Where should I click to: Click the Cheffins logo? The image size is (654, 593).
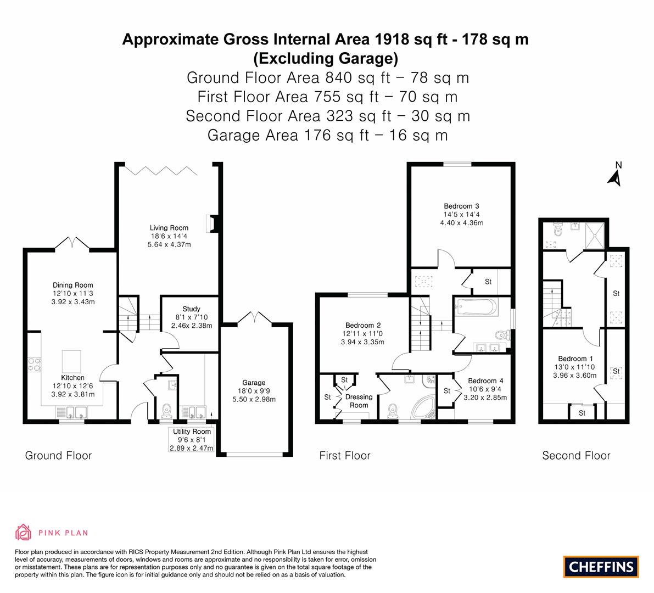click(x=601, y=567)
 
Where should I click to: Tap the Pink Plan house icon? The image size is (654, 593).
click(x=24, y=532)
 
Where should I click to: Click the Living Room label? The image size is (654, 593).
click(x=169, y=228)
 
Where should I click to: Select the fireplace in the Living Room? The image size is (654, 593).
click(x=211, y=223)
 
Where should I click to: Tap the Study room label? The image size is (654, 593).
click(x=192, y=309)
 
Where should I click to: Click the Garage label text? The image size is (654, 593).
click(x=254, y=382)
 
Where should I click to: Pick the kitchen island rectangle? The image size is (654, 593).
click(x=71, y=361)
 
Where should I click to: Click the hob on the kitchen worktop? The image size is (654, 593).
click(x=34, y=365)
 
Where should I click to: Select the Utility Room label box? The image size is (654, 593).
click(x=192, y=440)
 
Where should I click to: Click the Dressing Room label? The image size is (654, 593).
click(x=359, y=401)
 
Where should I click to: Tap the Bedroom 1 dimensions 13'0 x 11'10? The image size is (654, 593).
click(x=574, y=367)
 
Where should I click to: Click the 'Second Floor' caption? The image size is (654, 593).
click(x=576, y=455)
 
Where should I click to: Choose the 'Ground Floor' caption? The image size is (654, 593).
click(x=58, y=455)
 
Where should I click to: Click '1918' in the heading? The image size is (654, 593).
click(x=392, y=39)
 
